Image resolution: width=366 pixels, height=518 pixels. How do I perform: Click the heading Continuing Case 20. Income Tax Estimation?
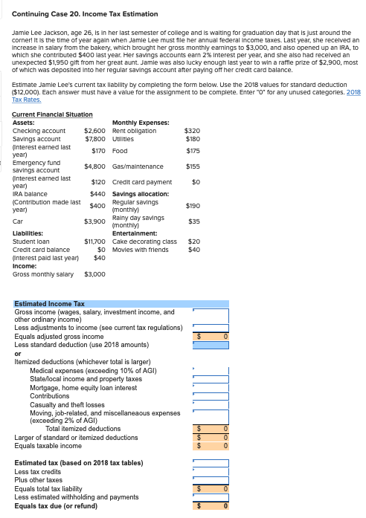tap(86, 14)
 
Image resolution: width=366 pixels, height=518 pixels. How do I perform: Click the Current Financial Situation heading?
tap(53, 114)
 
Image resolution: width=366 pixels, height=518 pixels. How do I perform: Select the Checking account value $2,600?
tap(94, 131)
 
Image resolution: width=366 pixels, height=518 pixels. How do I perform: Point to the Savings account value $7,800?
tap(94, 139)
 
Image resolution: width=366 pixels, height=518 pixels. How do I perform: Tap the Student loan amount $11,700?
tap(94, 242)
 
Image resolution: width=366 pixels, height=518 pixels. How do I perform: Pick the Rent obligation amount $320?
tap(193, 131)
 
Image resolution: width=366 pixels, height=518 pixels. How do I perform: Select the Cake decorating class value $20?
tap(194, 242)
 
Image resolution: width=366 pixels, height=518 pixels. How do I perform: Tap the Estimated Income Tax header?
tap(50, 304)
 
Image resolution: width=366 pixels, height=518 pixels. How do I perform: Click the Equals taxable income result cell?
tap(211, 445)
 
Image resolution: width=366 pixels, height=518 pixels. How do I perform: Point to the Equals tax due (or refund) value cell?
tap(211, 506)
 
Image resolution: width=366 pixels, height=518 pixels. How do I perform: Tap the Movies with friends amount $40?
tap(194, 250)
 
